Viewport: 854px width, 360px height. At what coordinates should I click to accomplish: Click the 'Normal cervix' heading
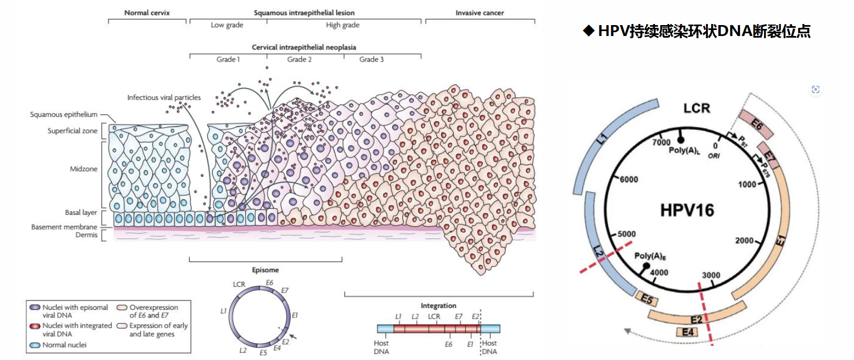(x=147, y=12)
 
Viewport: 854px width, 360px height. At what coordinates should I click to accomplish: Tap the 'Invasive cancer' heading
(x=480, y=12)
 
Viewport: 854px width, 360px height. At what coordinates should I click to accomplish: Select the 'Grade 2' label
(x=299, y=59)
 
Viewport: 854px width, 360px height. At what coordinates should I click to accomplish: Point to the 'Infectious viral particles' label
(x=164, y=98)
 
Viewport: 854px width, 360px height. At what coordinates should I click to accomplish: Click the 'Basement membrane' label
(x=64, y=227)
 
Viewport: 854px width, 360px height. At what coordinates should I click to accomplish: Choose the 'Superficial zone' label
(x=73, y=131)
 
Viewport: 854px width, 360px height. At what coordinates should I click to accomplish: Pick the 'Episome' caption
(x=266, y=270)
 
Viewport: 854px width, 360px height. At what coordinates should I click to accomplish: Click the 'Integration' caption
(x=438, y=305)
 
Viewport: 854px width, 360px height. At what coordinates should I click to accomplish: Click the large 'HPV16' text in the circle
(x=687, y=210)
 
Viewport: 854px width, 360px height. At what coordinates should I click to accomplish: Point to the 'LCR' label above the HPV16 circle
(x=697, y=108)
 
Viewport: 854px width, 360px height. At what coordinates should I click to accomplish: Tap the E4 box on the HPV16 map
(x=687, y=332)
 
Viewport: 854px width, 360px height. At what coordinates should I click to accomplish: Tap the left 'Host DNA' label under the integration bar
(x=382, y=347)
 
